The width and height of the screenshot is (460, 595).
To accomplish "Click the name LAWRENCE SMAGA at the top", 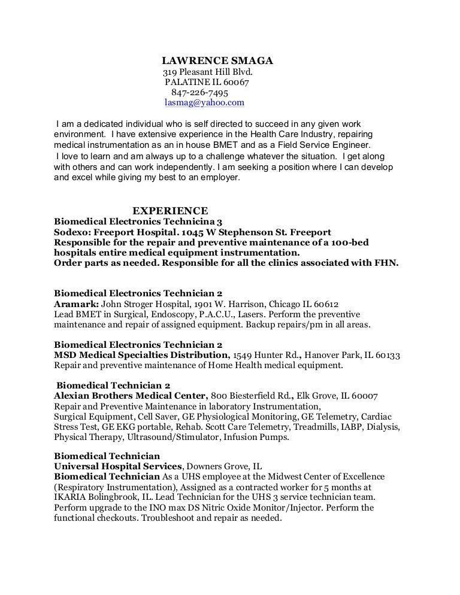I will (218, 60).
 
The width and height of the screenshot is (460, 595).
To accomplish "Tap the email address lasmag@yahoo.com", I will (204, 102).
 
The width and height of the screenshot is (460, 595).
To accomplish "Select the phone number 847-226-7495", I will (199, 92).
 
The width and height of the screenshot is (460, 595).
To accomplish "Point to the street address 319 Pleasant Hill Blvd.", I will (204, 72).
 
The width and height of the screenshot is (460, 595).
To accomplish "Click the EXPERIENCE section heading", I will (170, 210).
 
